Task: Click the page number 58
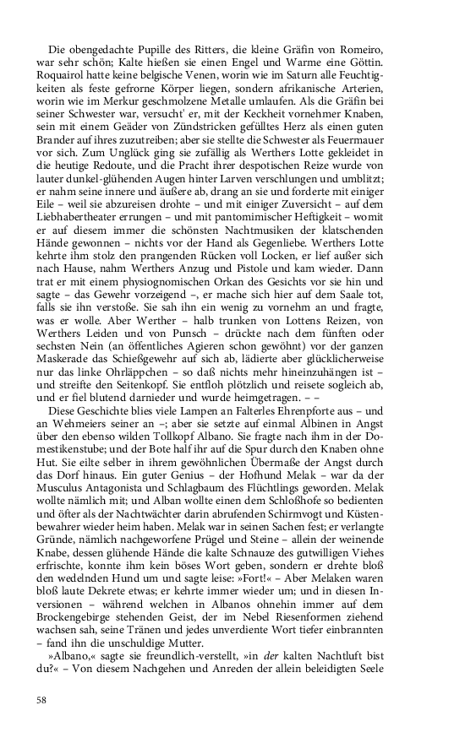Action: [41, 699]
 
